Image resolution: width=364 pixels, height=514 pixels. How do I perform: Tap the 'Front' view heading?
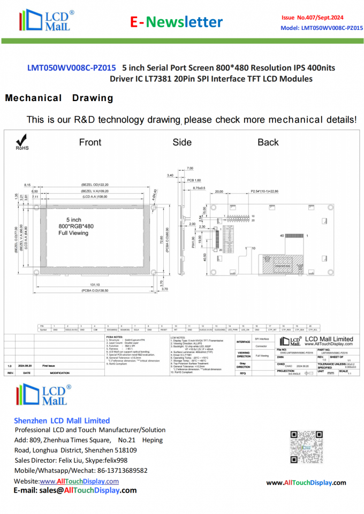pos(90,142)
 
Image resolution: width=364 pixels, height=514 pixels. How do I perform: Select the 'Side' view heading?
pos(182,142)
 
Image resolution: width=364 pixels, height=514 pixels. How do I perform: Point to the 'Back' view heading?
pos(268,142)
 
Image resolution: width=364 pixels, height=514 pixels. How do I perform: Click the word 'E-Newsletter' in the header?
pos(177,22)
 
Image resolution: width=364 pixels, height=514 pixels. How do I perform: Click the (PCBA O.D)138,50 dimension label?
pos(95,290)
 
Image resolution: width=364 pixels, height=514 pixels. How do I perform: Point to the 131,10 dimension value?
pos(95,285)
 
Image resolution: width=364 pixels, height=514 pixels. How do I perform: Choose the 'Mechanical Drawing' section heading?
pos(59,98)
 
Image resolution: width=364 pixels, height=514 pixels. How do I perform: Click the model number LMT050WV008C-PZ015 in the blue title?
pos(72,68)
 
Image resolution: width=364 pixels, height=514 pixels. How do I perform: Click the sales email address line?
pos(75,490)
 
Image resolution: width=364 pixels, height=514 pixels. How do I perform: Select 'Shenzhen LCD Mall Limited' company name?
pos(62,420)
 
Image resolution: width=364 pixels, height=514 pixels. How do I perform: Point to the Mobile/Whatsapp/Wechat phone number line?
pos(81,471)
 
